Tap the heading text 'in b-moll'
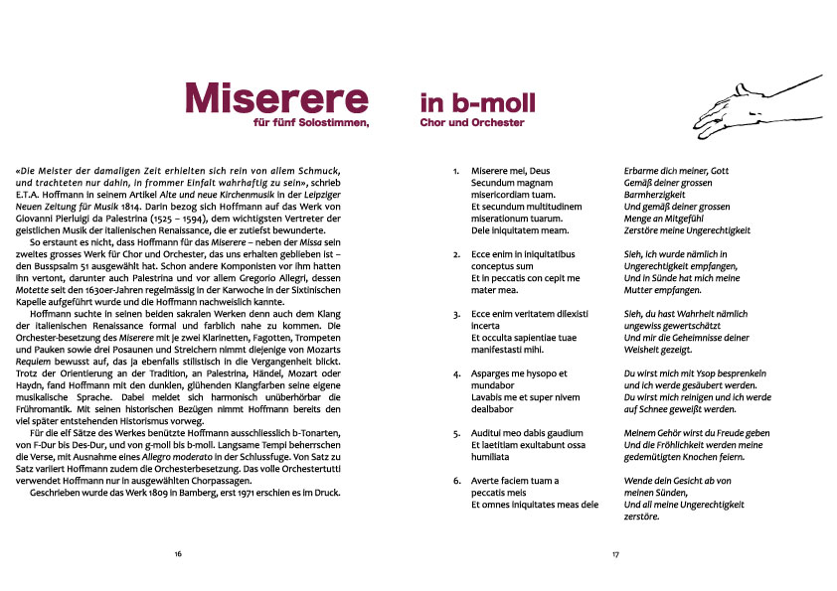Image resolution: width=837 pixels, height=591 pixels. click(x=477, y=102)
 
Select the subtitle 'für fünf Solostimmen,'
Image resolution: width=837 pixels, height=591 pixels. click(x=311, y=122)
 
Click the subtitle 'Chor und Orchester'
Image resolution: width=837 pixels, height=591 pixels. click(x=472, y=122)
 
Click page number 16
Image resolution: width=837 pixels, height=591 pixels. click(x=177, y=554)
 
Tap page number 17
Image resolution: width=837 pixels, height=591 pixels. click(x=615, y=554)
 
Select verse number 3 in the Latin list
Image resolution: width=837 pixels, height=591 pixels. click(x=456, y=314)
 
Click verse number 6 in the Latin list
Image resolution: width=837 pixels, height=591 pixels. click(x=456, y=481)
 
